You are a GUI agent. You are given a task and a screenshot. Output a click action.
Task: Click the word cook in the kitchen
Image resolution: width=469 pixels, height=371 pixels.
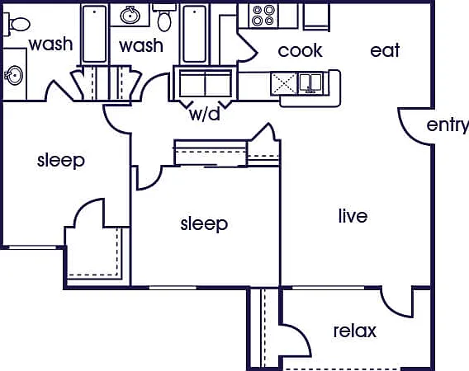300,51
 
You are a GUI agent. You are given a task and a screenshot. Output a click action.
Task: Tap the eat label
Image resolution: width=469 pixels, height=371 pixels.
385,50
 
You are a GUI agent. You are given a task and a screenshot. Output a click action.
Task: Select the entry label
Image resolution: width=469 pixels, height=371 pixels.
448,125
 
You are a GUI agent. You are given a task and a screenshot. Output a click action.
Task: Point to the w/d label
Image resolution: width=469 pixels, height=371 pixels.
205,114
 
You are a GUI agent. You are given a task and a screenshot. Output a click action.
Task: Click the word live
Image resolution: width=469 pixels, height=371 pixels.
353,216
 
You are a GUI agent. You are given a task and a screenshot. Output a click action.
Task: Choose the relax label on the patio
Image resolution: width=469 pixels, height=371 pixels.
355,331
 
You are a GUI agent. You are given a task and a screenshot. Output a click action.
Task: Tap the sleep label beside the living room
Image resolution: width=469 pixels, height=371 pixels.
204,224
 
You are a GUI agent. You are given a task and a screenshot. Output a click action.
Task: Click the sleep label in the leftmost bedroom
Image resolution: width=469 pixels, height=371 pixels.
61,161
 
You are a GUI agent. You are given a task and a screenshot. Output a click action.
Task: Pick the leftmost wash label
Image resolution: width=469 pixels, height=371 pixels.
51,44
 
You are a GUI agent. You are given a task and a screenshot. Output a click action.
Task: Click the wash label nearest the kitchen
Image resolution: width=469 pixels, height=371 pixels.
141,45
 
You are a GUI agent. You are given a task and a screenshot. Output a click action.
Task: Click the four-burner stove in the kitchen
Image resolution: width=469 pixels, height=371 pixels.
263,16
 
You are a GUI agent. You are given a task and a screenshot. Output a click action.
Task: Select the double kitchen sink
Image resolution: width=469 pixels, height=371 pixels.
311,82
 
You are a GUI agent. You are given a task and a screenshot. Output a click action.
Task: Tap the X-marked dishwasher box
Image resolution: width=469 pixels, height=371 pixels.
284,83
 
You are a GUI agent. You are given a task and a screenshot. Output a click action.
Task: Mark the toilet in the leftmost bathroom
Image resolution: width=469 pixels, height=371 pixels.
17,24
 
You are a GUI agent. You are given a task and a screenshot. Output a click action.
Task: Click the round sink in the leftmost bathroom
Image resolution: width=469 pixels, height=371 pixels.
13,75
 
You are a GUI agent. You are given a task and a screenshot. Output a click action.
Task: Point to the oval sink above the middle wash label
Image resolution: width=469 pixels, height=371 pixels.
130,15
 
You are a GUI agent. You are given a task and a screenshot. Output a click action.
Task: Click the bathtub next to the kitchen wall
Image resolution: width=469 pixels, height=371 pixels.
194,34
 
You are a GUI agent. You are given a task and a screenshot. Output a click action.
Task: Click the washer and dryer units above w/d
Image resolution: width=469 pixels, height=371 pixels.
205,83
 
